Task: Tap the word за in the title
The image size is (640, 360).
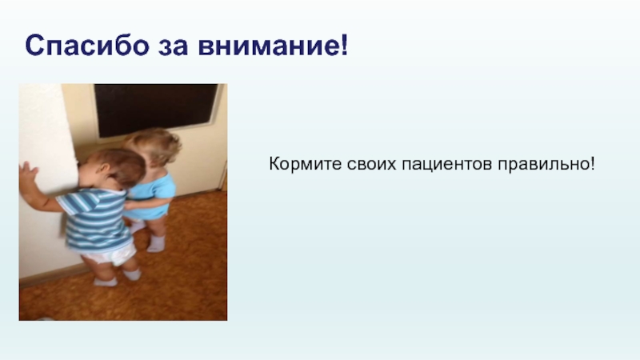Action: click(x=173, y=47)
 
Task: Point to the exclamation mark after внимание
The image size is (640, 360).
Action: click(x=344, y=45)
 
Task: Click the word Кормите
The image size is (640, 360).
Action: click(x=306, y=164)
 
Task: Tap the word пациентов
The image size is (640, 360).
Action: click(x=447, y=165)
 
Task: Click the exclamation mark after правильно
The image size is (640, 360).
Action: click(x=592, y=164)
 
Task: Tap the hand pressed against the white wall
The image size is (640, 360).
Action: click(x=28, y=175)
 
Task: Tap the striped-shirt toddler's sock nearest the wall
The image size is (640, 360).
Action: click(x=106, y=282)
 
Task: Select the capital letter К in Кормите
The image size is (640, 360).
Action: click(x=274, y=164)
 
